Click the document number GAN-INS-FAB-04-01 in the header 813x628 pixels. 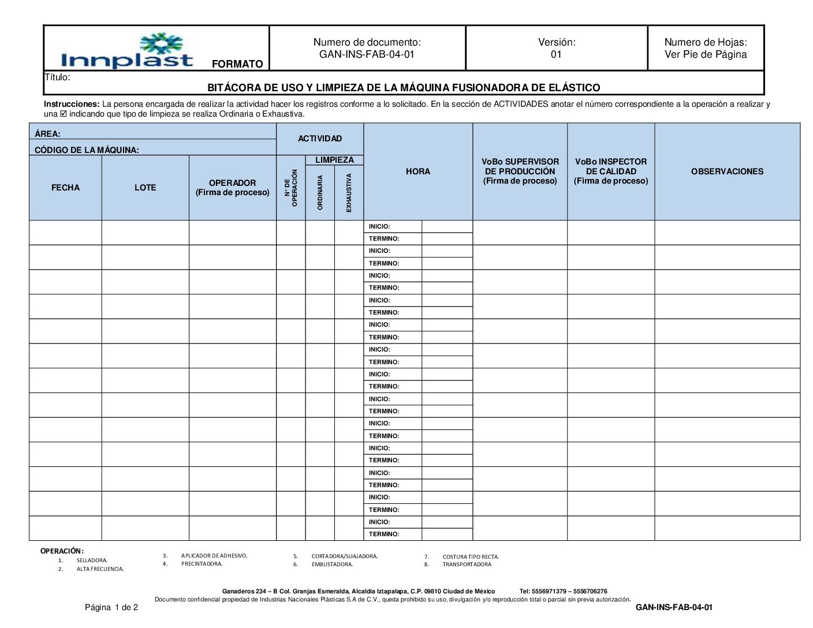tap(367, 55)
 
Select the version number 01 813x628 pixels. tap(556, 55)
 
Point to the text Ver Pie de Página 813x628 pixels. tap(706, 55)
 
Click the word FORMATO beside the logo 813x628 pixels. tap(237, 64)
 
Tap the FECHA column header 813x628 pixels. tap(65, 188)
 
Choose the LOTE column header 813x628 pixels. tap(145, 188)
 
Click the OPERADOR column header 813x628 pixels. tap(232, 183)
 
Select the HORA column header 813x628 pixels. tap(417, 171)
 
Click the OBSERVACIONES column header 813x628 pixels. tap(727, 171)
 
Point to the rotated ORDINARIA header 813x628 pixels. tap(320, 192)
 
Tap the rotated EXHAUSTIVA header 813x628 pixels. tap(349, 192)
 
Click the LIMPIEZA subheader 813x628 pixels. tap(334, 160)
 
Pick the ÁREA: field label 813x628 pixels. tap(48, 134)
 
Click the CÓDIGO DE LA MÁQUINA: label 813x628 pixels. tap(87, 150)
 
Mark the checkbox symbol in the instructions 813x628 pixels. tap(64, 114)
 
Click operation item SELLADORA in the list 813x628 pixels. tap(92, 560)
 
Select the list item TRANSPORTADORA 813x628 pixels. tap(467, 565)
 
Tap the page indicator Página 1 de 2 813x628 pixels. tap(111, 607)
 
